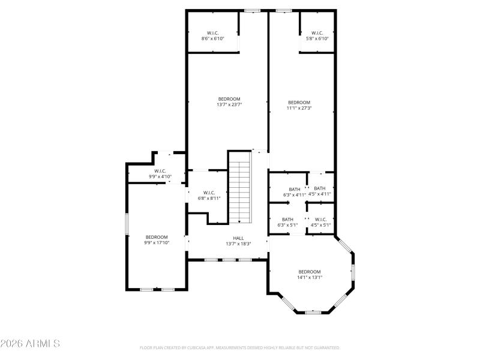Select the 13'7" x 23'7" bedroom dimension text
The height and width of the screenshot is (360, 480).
[229, 105]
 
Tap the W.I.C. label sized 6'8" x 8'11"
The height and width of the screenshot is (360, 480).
[209, 193]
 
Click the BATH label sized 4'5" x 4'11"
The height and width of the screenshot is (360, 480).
[320, 188]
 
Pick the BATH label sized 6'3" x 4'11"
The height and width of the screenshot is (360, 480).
[295, 190]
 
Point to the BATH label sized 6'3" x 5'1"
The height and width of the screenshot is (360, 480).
[287, 220]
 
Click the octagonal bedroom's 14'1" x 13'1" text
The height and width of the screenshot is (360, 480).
[310, 277]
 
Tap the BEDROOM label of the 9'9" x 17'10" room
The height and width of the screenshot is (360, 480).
[157, 237]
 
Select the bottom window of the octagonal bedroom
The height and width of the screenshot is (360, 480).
[313, 312]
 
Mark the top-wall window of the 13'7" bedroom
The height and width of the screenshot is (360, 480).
[252, 10]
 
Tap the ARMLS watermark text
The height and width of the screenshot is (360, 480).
[30, 344]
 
